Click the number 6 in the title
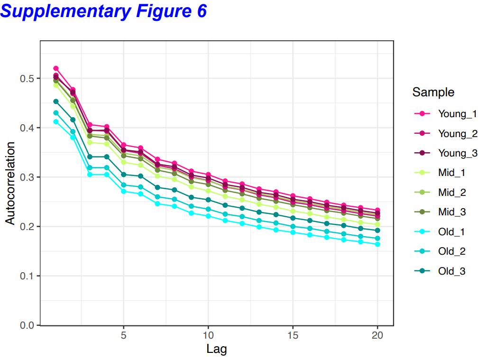pos(201,10)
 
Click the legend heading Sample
pos(433,92)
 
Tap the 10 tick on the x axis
pos(208,335)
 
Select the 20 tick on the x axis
pos(377,335)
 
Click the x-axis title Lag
pos(217,350)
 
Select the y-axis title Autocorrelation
pos(10,183)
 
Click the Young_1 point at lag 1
pos(56,68)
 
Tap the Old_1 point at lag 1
pos(56,121)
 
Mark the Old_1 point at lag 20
pos(378,244)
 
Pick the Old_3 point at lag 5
pos(124,175)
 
